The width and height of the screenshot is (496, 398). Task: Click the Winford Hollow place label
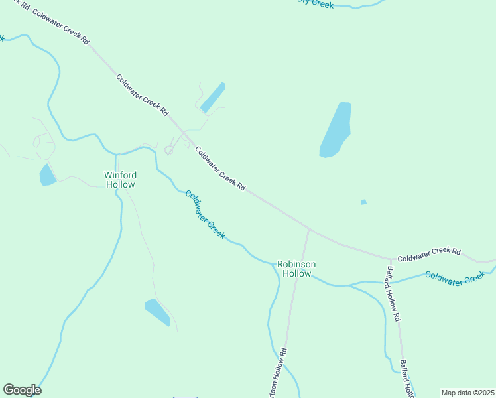pyautogui.click(x=120, y=180)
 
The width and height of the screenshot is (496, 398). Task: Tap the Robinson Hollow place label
pyautogui.click(x=296, y=269)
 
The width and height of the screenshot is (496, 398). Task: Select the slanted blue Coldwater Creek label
pyautogui.click(x=205, y=215)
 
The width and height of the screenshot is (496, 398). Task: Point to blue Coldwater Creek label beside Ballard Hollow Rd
pyautogui.click(x=456, y=277)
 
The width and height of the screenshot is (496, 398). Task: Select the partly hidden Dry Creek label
pyautogui.click(x=315, y=4)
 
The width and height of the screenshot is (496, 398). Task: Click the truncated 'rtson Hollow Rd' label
pyautogui.click(x=277, y=373)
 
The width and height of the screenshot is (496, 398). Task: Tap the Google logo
pyautogui.click(x=22, y=390)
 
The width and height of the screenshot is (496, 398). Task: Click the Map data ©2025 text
pyautogui.click(x=467, y=393)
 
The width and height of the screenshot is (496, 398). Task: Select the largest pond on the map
pyautogui.click(x=336, y=129)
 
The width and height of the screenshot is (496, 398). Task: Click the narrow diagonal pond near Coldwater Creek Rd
pyautogui.click(x=213, y=98)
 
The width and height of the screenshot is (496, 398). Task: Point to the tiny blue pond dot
pyautogui.click(x=363, y=202)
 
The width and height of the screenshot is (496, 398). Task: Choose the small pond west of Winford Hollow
pyautogui.click(x=47, y=175)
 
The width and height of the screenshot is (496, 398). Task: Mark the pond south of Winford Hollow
pyautogui.click(x=158, y=312)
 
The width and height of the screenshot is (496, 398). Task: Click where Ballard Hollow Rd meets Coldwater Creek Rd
pyautogui.click(x=389, y=259)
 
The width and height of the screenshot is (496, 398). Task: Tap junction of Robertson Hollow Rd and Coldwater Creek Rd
pyautogui.click(x=308, y=230)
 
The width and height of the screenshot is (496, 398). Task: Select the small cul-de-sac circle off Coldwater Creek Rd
pyautogui.click(x=168, y=151)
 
